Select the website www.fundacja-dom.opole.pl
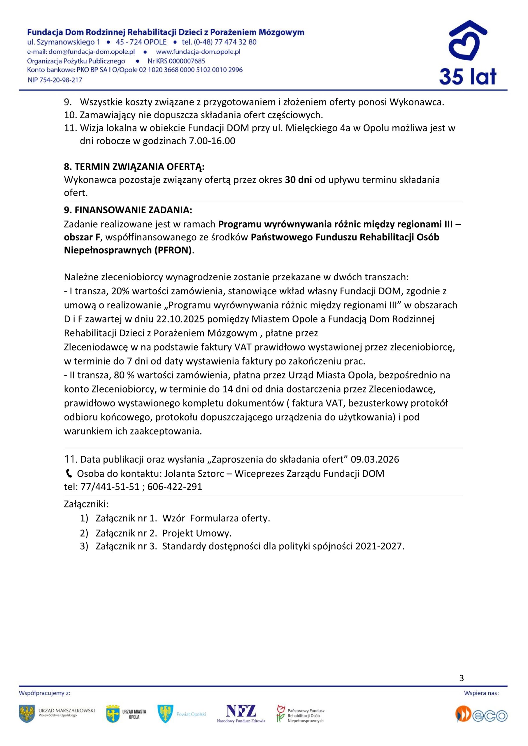tap(198, 52)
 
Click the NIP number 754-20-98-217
tap(61, 80)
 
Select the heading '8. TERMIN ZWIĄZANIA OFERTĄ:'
tap(134, 167)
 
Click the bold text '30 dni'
tap(298, 180)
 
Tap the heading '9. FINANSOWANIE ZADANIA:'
tap(128, 210)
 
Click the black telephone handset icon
tap(69, 474)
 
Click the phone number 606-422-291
tap(175, 487)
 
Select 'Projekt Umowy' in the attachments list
tap(197, 533)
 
